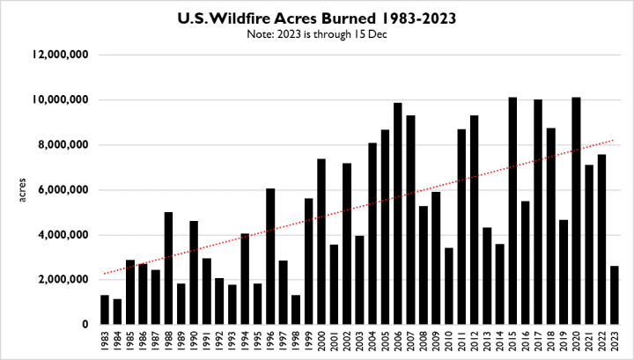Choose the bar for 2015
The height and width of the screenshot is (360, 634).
coord(512,211)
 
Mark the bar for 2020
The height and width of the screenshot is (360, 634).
coord(576,211)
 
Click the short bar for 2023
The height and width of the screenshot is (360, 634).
coord(614,295)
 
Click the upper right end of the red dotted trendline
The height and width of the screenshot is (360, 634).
coord(614,140)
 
